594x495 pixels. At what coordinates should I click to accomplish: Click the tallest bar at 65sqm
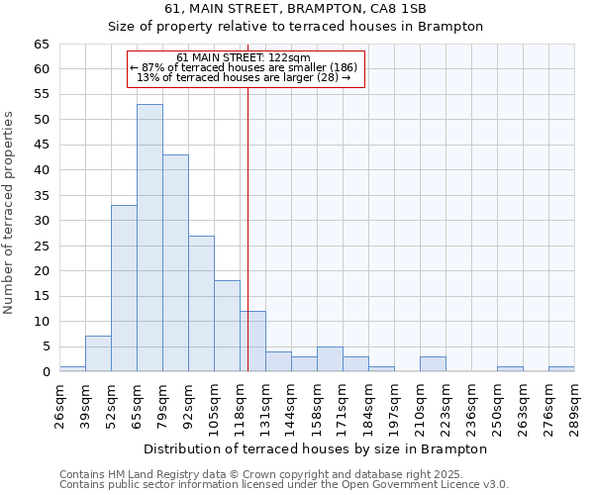[149, 238]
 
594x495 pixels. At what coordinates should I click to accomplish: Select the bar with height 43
[175, 263]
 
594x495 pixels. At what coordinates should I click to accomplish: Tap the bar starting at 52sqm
[124, 288]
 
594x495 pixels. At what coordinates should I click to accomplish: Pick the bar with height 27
[201, 303]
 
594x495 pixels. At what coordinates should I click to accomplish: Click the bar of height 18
[227, 326]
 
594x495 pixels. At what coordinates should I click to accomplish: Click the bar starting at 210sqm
[433, 364]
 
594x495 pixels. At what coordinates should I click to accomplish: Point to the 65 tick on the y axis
[41, 45]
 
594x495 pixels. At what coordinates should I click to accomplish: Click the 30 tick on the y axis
[41, 221]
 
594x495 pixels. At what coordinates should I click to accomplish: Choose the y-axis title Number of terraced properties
[9, 213]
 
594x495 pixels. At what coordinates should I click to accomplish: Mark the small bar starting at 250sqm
[510, 369]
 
